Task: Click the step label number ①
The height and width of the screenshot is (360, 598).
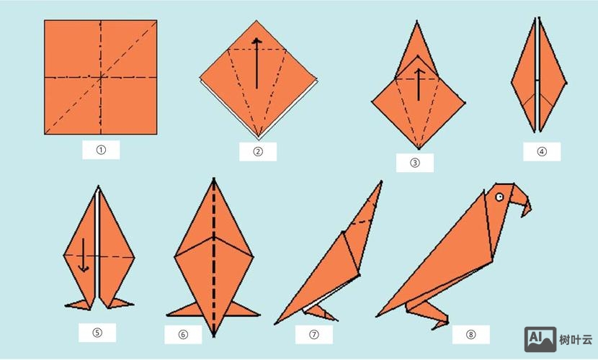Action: pyautogui.click(x=101, y=150)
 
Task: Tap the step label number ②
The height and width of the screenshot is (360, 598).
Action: pyautogui.click(x=258, y=152)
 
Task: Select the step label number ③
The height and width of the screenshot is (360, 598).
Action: pyautogui.click(x=415, y=163)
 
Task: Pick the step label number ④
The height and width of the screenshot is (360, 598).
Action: pyautogui.click(x=542, y=152)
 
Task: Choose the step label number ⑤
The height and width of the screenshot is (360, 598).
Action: pyautogui.click(x=97, y=333)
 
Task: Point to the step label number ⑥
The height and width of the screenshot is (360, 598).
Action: pyautogui.click(x=183, y=335)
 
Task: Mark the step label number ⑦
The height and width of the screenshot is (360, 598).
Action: pyautogui.click(x=314, y=335)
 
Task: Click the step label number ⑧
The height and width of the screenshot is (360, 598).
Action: pyautogui.click(x=471, y=335)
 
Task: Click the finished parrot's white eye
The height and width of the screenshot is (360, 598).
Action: pyautogui.click(x=499, y=197)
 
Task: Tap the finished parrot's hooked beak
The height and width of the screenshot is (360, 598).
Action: pyautogui.click(x=522, y=201)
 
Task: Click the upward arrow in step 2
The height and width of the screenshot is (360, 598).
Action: pyautogui.click(x=256, y=63)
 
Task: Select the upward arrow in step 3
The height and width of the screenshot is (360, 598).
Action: pyautogui.click(x=419, y=84)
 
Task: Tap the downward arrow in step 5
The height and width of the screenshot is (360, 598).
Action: pyautogui.click(x=84, y=255)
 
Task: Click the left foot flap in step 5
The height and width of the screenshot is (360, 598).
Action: pyautogui.click(x=79, y=305)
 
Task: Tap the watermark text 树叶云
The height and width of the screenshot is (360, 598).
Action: pyautogui.click(x=576, y=339)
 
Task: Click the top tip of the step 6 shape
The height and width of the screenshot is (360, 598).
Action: pyautogui.click(x=214, y=178)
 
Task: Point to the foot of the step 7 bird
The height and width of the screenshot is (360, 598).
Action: pyautogui.click(x=320, y=312)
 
